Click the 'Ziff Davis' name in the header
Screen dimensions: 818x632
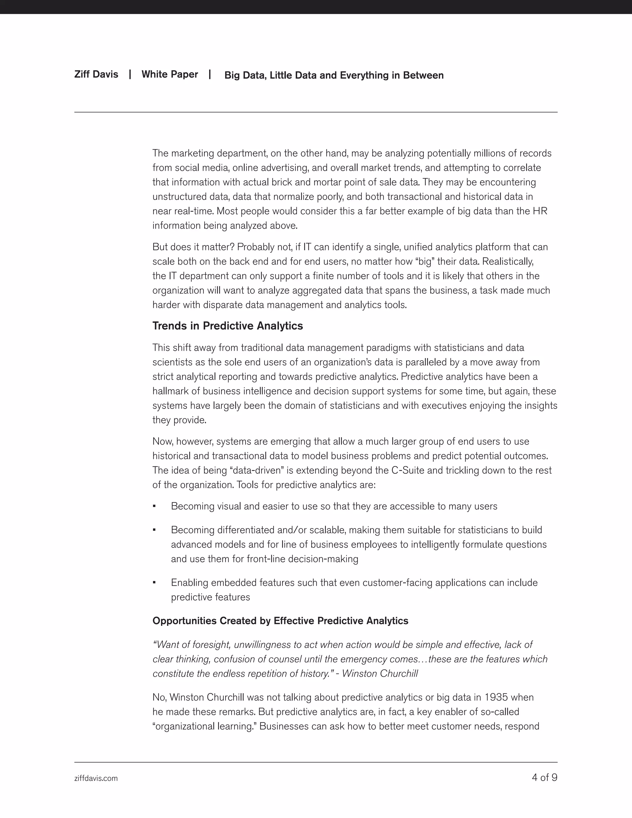(x=96, y=74)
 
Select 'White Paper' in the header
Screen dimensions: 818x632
(x=170, y=74)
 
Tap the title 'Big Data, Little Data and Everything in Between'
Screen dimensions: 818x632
(x=334, y=75)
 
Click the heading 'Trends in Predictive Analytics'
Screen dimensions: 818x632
(x=227, y=326)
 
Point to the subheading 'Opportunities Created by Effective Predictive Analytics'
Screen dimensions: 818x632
(x=280, y=621)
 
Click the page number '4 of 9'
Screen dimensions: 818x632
(x=544, y=777)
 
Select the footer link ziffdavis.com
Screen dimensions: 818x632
(x=96, y=778)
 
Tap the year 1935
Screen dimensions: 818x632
(x=496, y=697)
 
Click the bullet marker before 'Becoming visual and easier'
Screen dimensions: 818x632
(x=154, y=506)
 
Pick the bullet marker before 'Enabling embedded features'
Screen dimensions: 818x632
(x=154, y=583)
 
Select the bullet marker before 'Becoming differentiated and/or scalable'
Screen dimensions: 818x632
(x=154, y=530)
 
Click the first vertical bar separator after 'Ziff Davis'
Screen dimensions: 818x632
(x=130, y=74)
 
